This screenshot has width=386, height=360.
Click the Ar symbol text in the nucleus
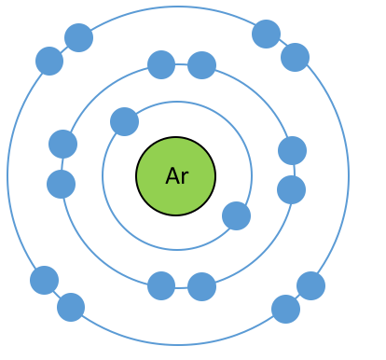(177, 176)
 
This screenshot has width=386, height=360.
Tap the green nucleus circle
(176, 176)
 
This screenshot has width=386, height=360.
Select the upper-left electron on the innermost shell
(124, 121)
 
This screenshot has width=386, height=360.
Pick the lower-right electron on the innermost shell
(236, 215)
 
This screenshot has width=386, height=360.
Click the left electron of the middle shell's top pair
(161, 64)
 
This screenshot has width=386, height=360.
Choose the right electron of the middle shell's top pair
(202, 65)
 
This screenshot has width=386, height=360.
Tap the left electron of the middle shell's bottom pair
(161, 285)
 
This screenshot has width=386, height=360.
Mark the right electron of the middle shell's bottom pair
(202, 286)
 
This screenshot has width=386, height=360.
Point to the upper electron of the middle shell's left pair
(63, 144)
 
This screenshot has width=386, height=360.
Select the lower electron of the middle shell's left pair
(62, 184)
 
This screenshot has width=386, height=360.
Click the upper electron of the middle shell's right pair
(292, 150)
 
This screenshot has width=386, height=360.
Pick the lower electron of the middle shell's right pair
(291, 189)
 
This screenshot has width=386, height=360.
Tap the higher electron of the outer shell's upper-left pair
(78, 37)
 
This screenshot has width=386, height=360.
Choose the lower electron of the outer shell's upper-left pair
(49, 61)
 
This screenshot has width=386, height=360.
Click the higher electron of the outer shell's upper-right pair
(266, 34)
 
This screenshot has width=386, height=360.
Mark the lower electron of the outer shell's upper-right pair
(295, 57)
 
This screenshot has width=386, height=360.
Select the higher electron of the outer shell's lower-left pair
(44, 280)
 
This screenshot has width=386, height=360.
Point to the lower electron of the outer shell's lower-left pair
(71, 307)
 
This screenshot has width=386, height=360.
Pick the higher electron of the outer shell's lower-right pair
(310, 285)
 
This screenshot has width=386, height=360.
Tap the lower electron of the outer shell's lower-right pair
(285, 309)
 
